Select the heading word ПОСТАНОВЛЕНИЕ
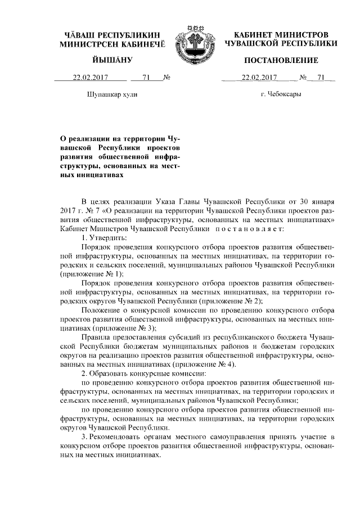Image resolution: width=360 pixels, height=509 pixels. tap(281, 60)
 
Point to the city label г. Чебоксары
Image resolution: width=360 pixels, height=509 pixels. tap(281, 94)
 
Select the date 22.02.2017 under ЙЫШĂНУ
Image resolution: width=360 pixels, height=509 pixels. tap(89, 78)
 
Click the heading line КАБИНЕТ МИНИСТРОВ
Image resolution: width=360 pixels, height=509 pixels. tap(281, 34)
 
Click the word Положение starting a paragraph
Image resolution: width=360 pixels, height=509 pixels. tap(101, 310)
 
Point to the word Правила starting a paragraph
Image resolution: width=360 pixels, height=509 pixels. tap(97, 337)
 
